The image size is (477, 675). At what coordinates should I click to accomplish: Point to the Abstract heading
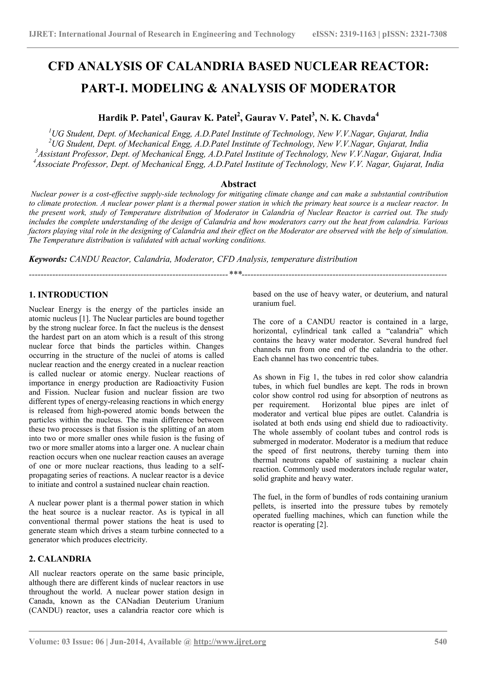[238, 184]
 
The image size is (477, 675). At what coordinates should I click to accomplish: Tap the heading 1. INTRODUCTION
[68, 295]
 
